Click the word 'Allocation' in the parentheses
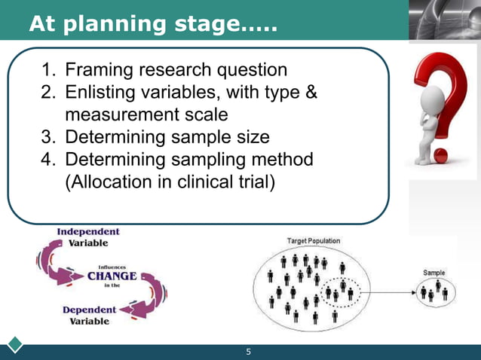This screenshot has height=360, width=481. click(x=113, y=183)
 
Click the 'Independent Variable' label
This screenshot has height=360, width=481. click(x=88, y=237)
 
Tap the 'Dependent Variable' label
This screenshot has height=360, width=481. click(x=89, y=315)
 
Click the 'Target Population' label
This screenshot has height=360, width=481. click(x=314, y=241)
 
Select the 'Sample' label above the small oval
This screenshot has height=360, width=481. click(x=434, y=273)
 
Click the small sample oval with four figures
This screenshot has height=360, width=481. click(x=435, y=291)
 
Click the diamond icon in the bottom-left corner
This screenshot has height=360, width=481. click(x=15, y=346)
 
